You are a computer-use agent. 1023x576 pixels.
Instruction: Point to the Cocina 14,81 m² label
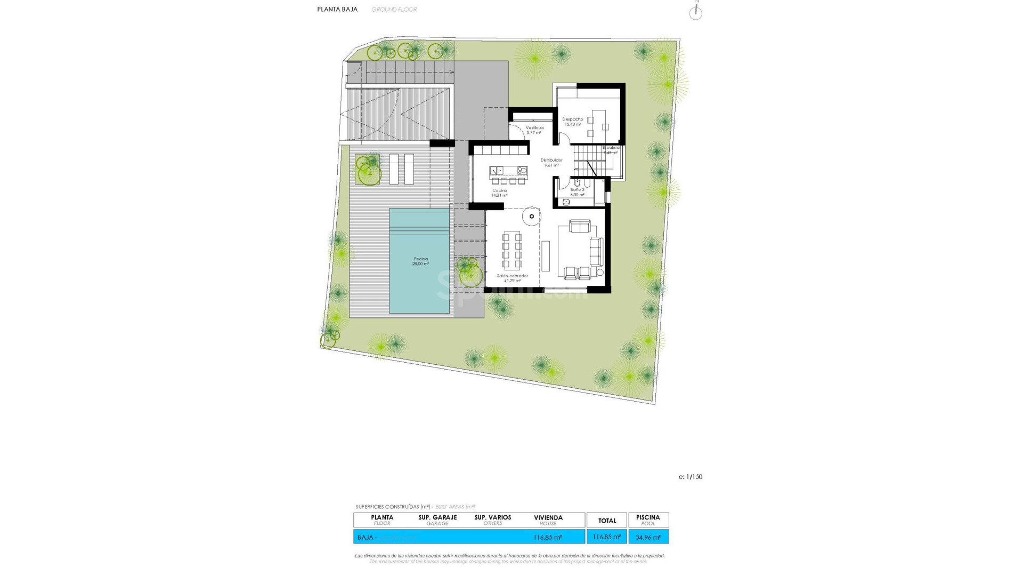click(499, 193)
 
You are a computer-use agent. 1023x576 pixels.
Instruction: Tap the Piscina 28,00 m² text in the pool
click(420, 261)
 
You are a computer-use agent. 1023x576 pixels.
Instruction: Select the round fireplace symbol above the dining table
click(531, 216)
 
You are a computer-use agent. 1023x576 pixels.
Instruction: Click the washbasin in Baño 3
click(566, 202)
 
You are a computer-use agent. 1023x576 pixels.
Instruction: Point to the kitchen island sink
click(497, 171)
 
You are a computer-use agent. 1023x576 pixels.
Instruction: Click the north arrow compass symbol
click(695, 13)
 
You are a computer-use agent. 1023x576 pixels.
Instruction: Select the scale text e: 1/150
click(690, 477)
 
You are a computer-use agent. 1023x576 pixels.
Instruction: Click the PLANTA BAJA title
click(337, 9)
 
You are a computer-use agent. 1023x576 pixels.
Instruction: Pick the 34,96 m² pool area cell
click(648, 537)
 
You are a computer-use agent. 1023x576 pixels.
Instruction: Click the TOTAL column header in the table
click(607, 521)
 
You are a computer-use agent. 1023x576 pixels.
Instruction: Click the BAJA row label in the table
click(365, 537)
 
